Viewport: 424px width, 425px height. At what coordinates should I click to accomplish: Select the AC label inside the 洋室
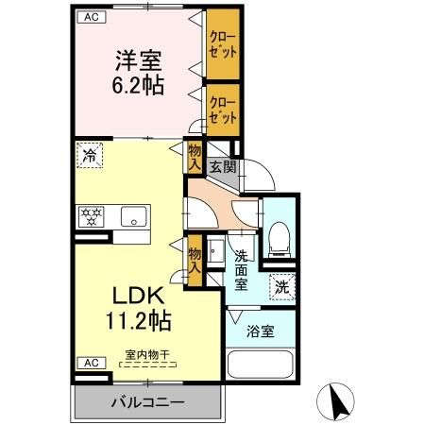point(91,17)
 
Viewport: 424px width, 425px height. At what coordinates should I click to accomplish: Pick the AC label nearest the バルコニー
point(91,363)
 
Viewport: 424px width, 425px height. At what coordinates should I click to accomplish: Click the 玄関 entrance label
point(223,167)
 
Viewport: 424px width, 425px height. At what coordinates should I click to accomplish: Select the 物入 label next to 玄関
point(195,156)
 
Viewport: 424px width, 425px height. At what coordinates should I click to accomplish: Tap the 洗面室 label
point(242,269)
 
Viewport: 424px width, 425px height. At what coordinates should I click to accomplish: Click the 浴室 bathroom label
point(262,332)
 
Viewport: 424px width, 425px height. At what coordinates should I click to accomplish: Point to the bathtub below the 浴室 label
point(262,365)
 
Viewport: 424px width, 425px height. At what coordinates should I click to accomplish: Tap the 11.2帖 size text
point(140,321)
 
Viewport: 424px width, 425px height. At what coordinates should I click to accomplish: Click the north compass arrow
point(335,402)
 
